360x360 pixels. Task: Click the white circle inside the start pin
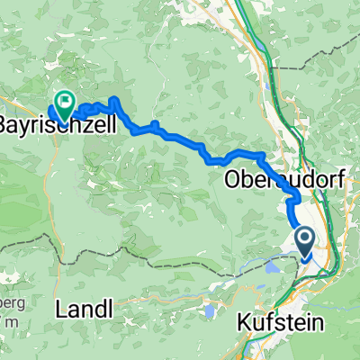tap(304, 238)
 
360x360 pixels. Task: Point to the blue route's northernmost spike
tap(115, 99)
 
